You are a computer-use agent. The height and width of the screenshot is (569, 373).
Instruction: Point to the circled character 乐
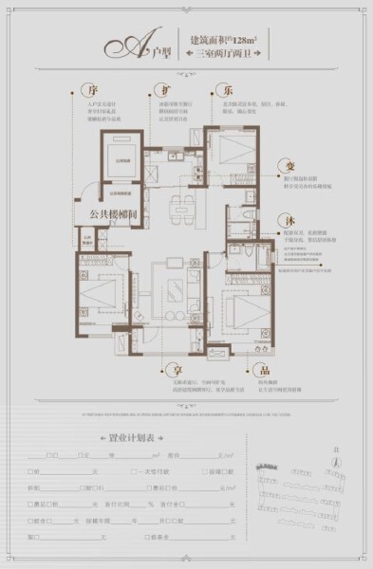pos(228,91)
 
